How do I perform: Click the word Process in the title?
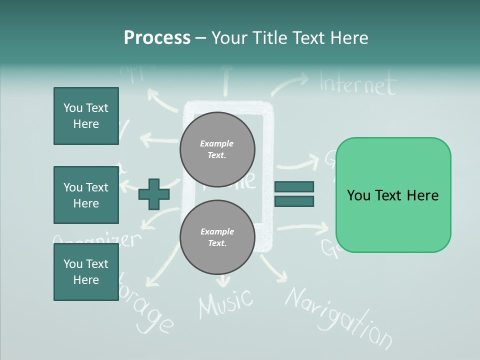[157, 38]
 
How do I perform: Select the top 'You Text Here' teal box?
[86, 116]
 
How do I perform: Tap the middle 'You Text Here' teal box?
[86, 195]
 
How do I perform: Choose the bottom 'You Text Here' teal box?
[86, 272]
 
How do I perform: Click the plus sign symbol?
[154, 193]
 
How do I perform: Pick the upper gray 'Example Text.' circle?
[217, 149]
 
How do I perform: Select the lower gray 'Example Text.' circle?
[217, 237]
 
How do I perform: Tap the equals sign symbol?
[294, 194]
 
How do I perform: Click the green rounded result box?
[393, 195]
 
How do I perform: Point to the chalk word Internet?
[358, 84]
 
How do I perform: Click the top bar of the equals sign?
[294, 186]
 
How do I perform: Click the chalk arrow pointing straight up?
[225, 80]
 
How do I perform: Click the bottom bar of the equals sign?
[294, 201]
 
